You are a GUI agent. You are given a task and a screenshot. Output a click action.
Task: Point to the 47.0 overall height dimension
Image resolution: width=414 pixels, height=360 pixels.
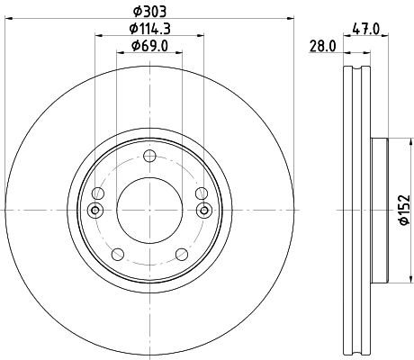point(364,28)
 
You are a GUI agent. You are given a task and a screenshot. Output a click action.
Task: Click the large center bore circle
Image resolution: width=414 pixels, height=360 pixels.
point(150,210)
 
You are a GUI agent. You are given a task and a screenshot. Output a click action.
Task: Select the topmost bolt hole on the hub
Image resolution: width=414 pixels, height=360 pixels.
point(150,157)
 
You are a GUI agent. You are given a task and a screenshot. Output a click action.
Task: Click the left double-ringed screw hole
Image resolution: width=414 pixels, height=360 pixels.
point(96,211)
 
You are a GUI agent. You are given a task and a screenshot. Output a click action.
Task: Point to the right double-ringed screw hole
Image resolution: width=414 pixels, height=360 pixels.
point(204,211)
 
